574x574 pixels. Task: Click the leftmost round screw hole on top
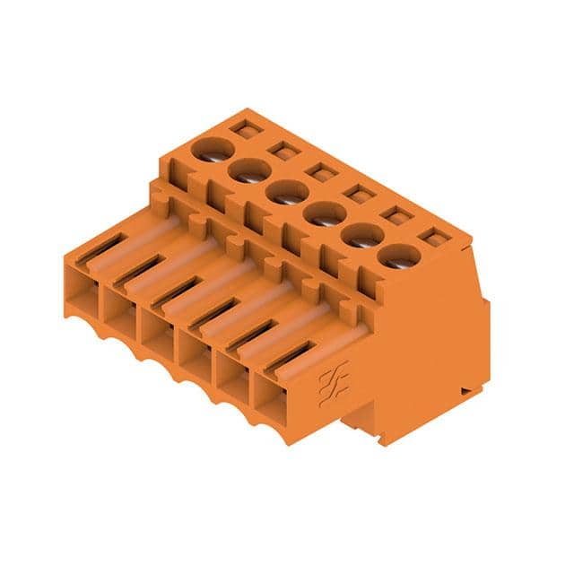click(x=212, y=149)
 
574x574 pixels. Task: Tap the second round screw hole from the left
click(x=249, y=170)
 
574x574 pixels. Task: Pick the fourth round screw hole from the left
click(x=325, y=213)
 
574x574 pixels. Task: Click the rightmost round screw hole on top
click(x=399, y=257)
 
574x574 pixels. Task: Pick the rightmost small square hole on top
click(x=435, y=238)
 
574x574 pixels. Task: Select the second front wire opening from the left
click(x=120, y=310)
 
